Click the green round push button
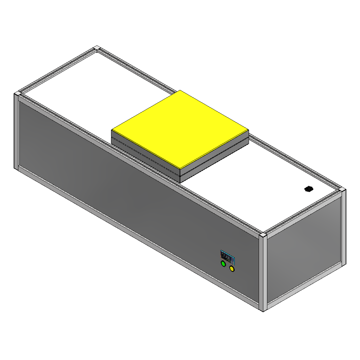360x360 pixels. [x=223, y=264]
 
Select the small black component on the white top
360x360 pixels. [x=309, y=189]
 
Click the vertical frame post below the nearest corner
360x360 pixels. [x=263, y=273]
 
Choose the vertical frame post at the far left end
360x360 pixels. [x=16, y=132]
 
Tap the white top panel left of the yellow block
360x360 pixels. [x=100, y=87]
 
